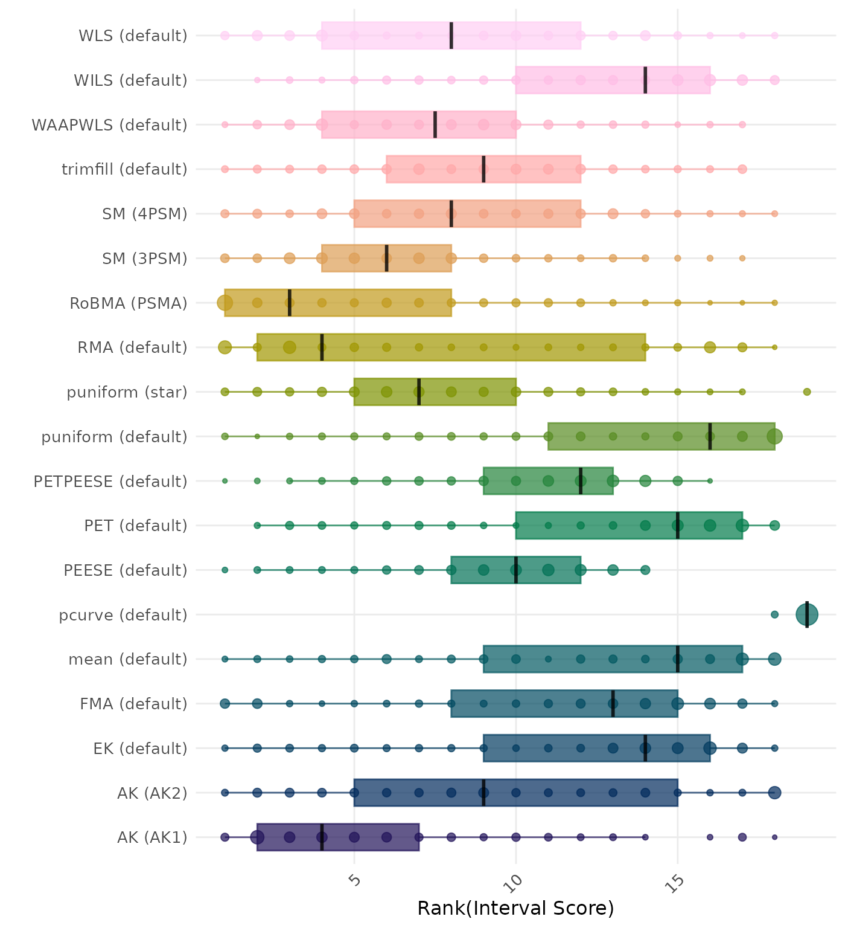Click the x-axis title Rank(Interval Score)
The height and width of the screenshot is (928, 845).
(515, 908)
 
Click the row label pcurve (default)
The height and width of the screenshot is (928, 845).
(123, 615)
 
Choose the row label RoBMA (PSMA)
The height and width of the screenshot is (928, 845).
(129, 303)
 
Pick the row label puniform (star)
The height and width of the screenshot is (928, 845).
(127, 392)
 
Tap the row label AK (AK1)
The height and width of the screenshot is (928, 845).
(152, 837)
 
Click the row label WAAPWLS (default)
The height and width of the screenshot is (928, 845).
(109, 125)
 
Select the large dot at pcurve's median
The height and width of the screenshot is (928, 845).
(807, 615)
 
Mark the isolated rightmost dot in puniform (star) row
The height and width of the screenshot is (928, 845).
(807, 392)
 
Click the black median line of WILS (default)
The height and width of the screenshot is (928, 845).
(645, 80)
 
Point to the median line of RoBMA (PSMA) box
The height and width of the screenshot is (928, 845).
(290, 303)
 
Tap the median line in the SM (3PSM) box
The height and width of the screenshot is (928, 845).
(386, 258)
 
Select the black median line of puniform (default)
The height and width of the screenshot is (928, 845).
(710, 436)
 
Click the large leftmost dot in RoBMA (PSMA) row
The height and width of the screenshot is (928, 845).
(225, 303)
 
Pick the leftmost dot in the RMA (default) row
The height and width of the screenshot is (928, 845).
(225, 347)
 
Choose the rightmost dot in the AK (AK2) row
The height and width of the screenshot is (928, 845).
(774, 793)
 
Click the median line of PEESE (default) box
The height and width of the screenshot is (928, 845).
(516, 570)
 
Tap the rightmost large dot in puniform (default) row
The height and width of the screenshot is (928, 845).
(774, 436)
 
